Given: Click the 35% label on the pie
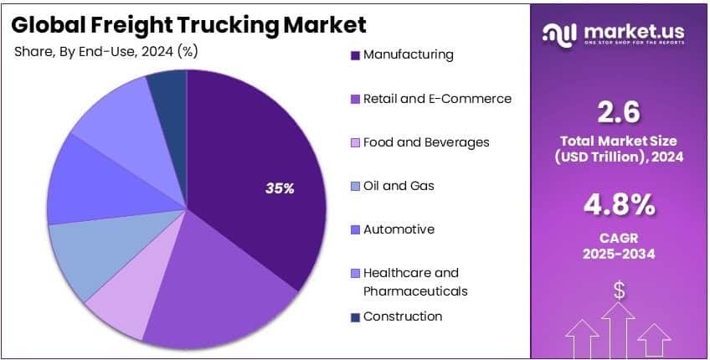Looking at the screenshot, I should pos(280,189).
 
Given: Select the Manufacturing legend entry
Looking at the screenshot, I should pos(408,55).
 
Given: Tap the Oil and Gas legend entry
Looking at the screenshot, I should pos(399,186).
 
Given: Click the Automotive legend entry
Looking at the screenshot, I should pos(399,229).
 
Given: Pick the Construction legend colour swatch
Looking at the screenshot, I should pos(356,317).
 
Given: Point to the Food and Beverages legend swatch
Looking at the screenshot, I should pos(356,143).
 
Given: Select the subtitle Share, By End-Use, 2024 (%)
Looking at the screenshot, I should pos(105,51).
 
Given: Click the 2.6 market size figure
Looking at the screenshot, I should pos(620,111).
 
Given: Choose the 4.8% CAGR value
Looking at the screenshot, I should pos(620,203).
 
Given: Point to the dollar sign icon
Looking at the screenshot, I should pos(620,291).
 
